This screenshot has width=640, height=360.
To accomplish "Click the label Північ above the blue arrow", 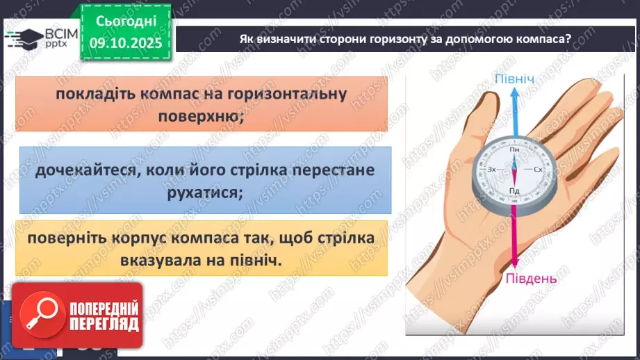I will click(515, 80).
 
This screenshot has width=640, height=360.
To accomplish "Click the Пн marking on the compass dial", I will click(515, 149).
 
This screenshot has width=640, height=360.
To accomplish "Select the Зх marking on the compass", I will click(492, 170).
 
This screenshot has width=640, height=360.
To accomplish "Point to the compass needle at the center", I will click(515, 169).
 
